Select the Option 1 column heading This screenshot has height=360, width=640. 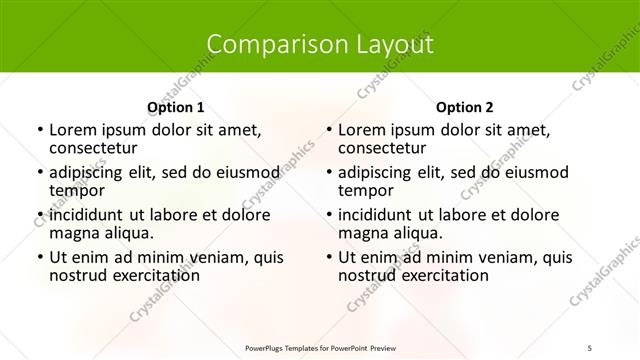click(175, 107)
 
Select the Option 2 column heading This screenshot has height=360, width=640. click(464, 107)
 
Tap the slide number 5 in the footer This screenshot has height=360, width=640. click(590, 346)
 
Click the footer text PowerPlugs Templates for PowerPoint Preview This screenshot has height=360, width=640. click(320, 346)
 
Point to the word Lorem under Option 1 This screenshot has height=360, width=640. click(72, 130)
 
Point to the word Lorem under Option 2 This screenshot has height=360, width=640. click(361, 130)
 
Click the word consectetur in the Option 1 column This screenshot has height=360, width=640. click(94, 148)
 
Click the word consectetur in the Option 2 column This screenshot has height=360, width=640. click(383, 148)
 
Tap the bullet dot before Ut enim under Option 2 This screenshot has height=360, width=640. click(328, 257)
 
